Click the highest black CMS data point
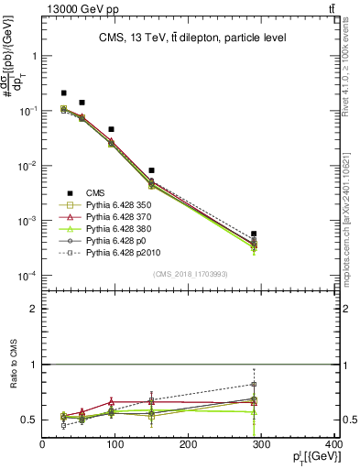coord(63,93)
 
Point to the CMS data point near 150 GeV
coord(151,170)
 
